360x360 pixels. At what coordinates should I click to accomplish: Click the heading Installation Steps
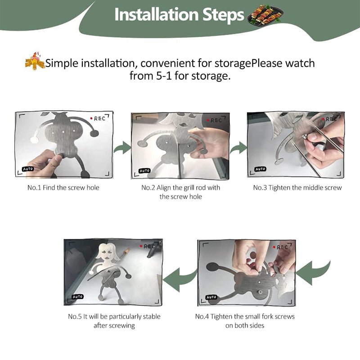coord(179,15)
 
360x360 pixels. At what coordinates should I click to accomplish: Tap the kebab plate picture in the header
coord(265,15)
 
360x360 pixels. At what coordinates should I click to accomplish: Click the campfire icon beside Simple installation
coord(35,61)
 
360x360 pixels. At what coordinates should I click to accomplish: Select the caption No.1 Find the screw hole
coord(63,188)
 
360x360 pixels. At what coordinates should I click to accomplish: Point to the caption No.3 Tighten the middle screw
coord(297,188)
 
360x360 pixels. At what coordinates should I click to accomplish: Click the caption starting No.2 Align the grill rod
coord(181,192)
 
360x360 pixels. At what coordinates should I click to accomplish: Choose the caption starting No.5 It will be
coord(114,321)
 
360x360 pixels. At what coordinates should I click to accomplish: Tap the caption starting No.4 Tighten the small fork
coord(245,321)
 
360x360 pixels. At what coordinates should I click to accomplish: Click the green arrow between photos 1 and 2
coord(122,148)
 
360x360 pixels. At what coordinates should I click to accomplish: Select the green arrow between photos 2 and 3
coord(238,148)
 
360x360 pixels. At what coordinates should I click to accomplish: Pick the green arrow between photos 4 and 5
coord(180,279)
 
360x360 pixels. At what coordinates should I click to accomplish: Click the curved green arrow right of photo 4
coord(313,273)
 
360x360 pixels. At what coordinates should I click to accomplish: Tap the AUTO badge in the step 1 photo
coord(28,169)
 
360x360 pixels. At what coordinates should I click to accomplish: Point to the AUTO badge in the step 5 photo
coord(77,297)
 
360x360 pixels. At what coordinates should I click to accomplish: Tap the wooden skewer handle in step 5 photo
coord(126,252)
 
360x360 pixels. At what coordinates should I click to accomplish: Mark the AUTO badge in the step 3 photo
coord(261,169)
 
